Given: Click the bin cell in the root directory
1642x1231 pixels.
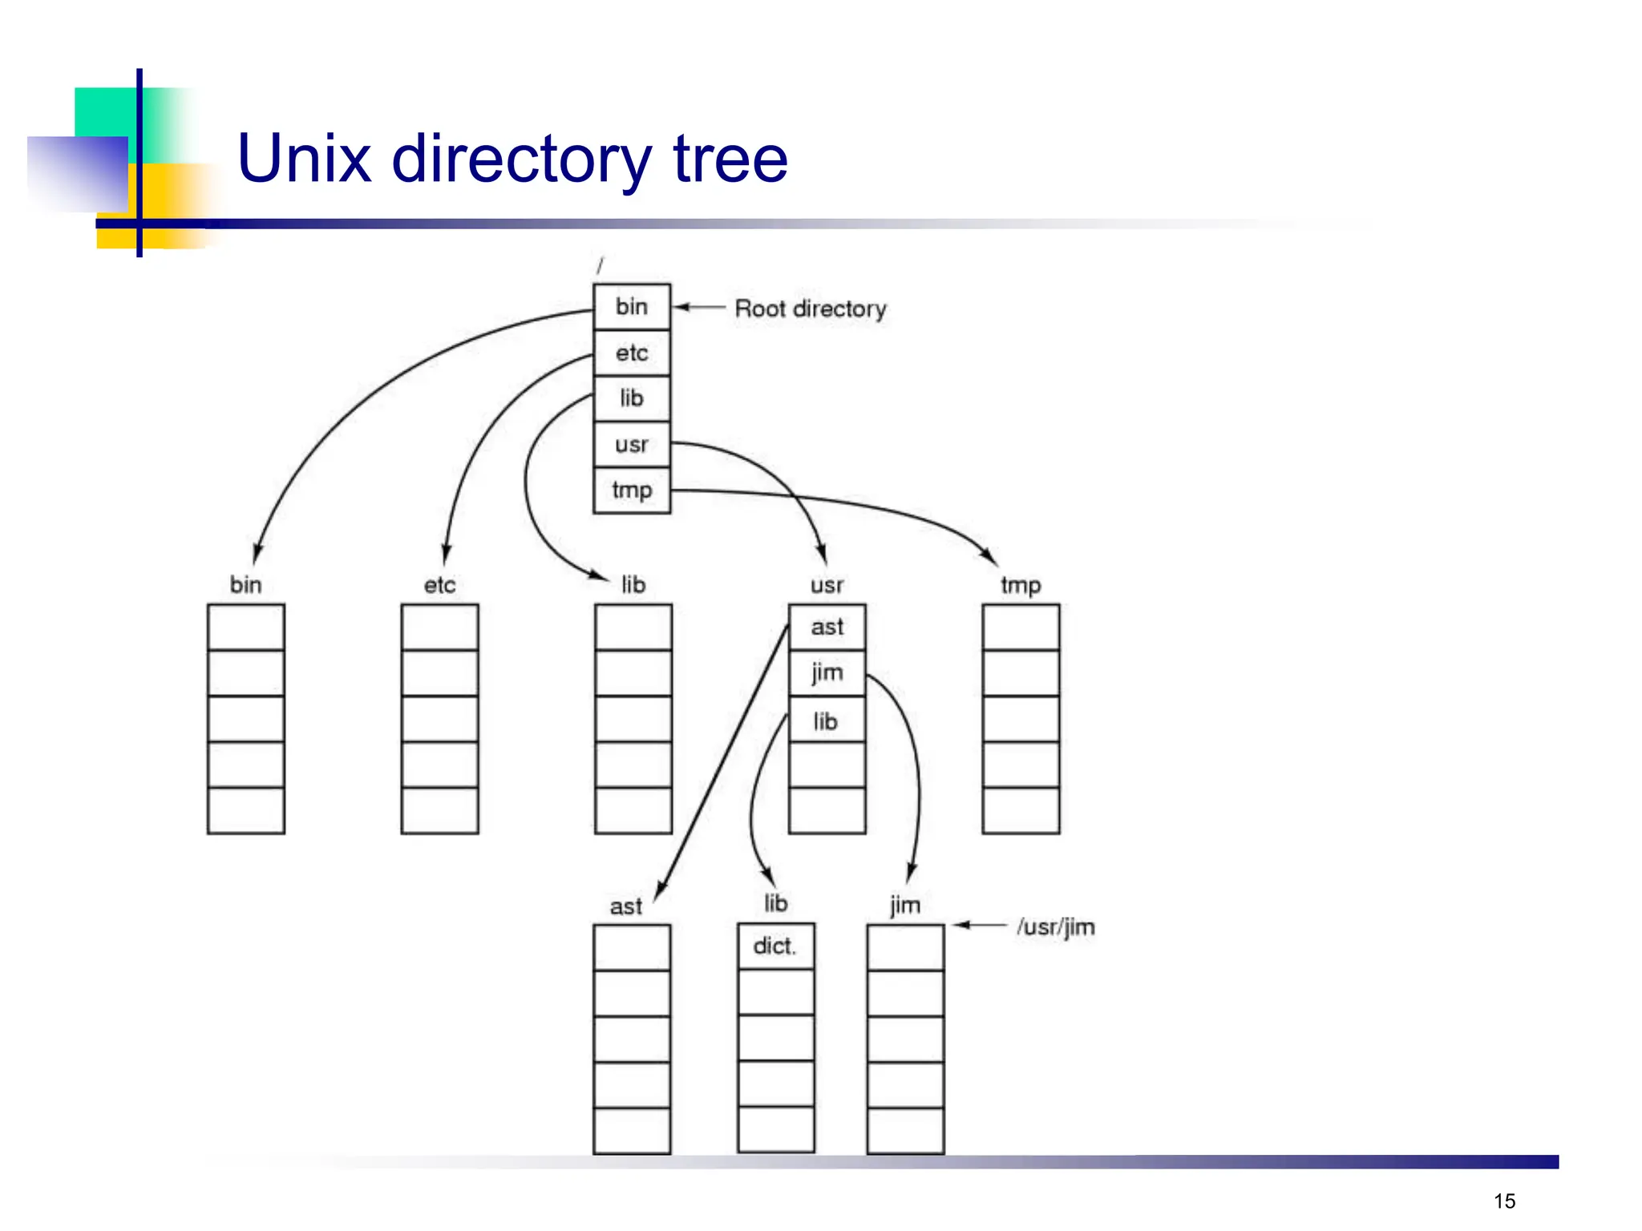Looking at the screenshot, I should click(631, 307).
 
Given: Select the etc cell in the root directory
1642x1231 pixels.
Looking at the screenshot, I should click(631, 353).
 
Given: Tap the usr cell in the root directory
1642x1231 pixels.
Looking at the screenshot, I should click(631, 444).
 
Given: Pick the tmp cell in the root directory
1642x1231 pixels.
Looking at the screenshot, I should click(631, 490).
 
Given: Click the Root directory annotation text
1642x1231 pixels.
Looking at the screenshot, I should click(810, 309).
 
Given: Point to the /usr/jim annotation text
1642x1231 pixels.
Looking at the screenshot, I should click(1055, 927).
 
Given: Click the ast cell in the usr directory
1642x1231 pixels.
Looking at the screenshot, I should click(827, 627).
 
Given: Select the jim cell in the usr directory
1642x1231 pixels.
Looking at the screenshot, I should click(827, 672).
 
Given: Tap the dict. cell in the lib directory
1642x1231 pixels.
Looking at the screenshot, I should click(774, 946).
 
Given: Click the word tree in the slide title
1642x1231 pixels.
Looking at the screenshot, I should click(730, 159).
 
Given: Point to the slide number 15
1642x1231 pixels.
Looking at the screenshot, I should click(1504, 1201).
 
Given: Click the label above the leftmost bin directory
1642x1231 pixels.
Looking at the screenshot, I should click(245, 585).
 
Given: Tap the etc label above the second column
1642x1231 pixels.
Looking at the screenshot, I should click(439, 585).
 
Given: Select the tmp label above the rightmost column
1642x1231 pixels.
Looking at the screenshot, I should click(1021, 585).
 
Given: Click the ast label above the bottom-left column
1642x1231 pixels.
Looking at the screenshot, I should click(625, 906).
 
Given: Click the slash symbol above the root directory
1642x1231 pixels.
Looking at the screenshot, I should click(600, 265).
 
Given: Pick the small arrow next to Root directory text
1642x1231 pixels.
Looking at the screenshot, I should click(698, 307).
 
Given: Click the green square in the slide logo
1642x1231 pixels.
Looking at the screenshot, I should click(104, 112).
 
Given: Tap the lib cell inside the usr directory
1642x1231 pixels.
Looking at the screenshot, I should click(826, 721).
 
